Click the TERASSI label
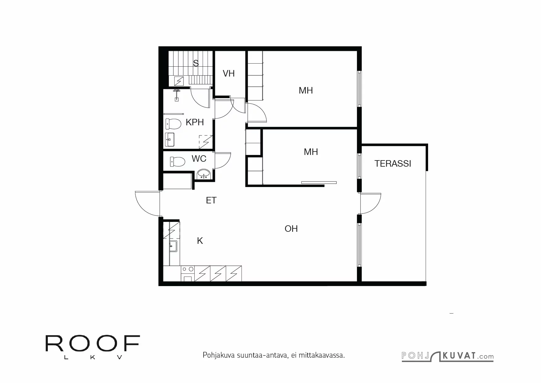click(393, 164)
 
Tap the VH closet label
click(229, 73)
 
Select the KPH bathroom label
click(195, 122)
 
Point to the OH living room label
click(291, 229)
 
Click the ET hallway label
click(211, 201)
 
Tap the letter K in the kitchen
click(200, 241)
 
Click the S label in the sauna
click(196, 63)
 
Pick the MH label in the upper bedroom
click(306, 90)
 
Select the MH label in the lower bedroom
click(311, 152)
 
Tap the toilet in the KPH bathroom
click(173, 124)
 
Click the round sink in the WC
click(204, 174)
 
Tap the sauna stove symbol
click(179, 81)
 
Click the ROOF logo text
click(93, 343)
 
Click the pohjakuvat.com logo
click(447, 356)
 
